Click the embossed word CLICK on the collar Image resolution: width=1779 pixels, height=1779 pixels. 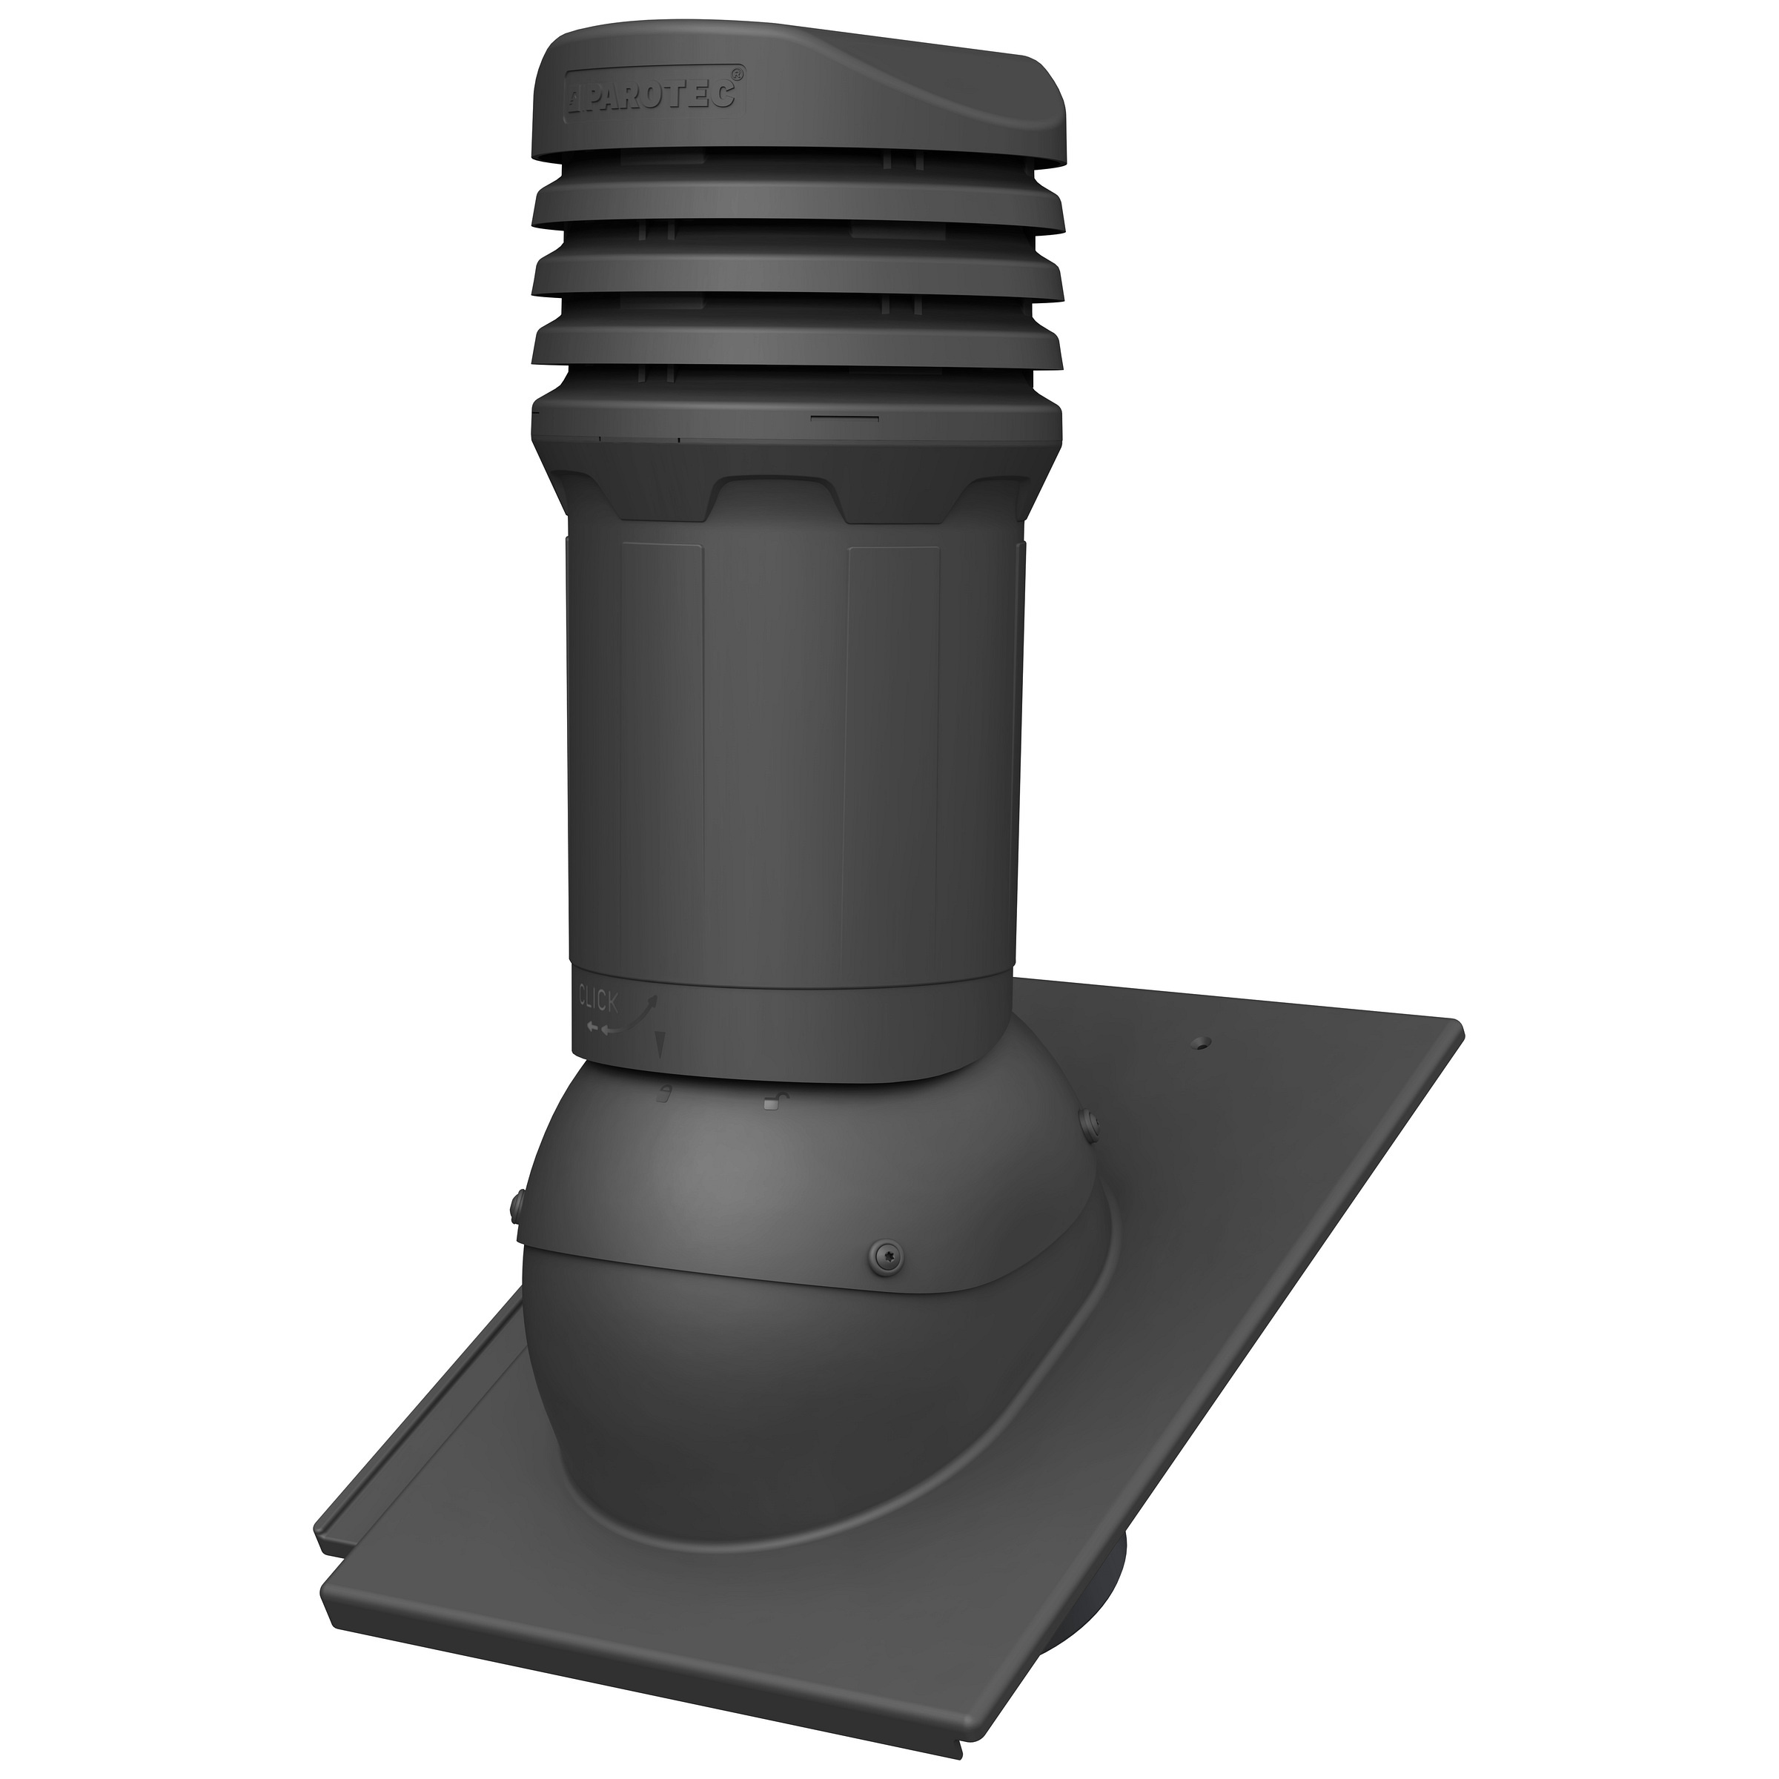[x=597, y=998]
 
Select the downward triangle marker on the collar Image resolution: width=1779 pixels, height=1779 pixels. [x=658, y=1043]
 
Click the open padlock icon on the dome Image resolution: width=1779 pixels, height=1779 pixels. [x=771, y=1101]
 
